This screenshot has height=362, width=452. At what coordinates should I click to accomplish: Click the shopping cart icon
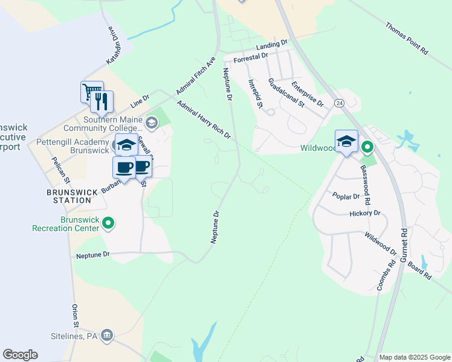tap(92, 92)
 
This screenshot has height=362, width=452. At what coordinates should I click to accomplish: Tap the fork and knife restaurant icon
tap(102, 101)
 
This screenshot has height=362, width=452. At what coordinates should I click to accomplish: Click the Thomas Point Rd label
tap(406, 39)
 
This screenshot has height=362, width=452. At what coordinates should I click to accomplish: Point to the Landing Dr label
tap(271, 45)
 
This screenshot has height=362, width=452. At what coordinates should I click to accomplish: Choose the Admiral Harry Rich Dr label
tap(204, 119)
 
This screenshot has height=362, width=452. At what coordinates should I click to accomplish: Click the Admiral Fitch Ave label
tap(196, 76)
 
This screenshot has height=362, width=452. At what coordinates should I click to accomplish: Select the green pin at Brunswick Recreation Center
tap(108, 224)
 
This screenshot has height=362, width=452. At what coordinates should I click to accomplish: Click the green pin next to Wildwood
tap(366, 147)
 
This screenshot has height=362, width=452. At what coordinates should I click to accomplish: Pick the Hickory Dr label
tap(365, 213)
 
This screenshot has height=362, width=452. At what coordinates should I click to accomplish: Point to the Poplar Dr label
tap(346, 195)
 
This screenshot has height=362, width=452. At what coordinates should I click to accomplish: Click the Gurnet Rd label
tap(404, 247)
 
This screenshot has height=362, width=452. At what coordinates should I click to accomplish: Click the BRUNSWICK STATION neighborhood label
tap(72, 196)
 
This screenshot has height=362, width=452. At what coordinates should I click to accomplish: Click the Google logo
tap(20, 355)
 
